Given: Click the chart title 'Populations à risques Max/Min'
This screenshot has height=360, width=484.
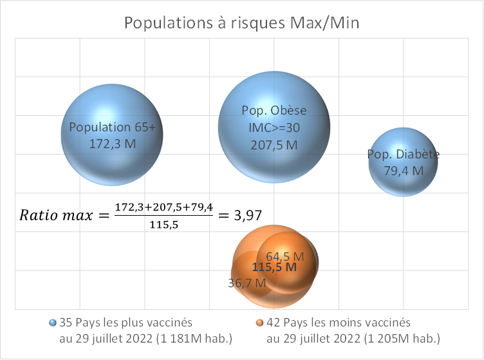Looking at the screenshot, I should (241, 24).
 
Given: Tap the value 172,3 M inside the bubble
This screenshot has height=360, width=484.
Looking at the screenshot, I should (113, 143).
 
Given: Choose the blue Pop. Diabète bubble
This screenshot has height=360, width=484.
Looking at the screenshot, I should (404, 145).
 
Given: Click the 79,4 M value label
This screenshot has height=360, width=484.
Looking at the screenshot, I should (404, 171).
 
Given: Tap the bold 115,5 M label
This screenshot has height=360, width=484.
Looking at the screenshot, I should (274, 267).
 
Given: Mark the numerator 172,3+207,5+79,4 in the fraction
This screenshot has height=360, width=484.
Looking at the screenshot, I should (163, 207).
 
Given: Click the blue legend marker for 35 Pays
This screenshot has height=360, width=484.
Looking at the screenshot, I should (52, 322).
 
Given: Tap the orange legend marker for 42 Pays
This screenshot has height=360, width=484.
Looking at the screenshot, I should (259, 322).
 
